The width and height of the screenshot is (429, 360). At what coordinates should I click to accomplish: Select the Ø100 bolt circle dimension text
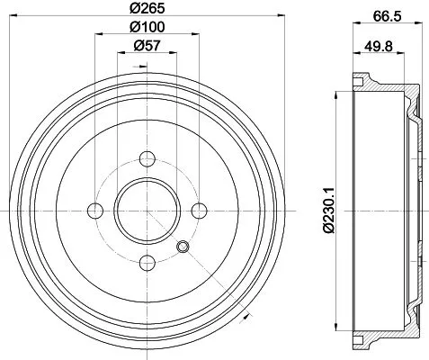146,28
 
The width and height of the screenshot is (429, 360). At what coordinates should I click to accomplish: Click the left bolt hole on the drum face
94,211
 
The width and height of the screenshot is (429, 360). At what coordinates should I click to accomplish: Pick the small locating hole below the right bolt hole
184,248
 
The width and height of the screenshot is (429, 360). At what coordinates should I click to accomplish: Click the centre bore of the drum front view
146,211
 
